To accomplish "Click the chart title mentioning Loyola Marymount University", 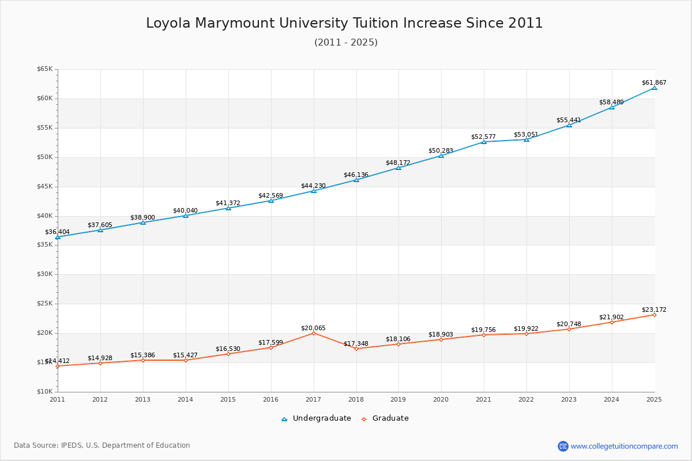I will [344, 23].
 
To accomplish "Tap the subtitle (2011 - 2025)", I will [345, 43].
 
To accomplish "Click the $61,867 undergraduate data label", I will [653, 82].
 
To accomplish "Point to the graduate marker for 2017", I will [314, 333].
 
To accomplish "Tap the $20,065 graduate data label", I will [313, 328].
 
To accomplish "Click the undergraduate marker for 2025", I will [655, 88].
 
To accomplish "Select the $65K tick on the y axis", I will [44, 69].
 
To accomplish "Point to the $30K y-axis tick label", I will [44, 274].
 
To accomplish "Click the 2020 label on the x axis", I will [441, 399].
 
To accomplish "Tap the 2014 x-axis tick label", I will [185, 399].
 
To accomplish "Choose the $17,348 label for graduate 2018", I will [356, 343].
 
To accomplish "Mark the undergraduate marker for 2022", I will [526, 139].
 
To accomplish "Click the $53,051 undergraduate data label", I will [526, 134].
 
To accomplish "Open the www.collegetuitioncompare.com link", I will [624, 446].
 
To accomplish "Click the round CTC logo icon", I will [563, 446].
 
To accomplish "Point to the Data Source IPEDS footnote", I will [102, 445].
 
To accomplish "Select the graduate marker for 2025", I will [655, 315].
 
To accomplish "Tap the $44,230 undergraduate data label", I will [313, 186].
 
